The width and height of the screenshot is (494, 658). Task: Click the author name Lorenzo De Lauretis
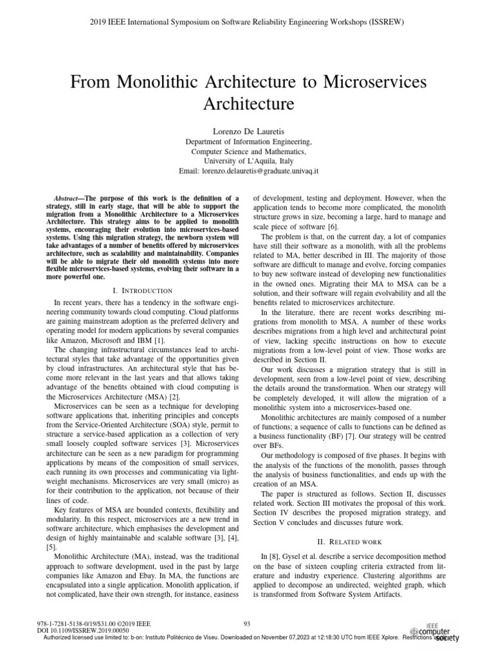tap(248, 130)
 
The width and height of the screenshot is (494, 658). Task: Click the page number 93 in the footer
tap(247, 623)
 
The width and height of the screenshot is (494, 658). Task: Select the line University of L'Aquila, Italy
tap(248, 162)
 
